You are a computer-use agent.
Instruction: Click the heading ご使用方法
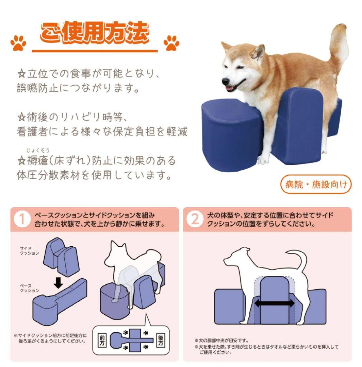[95, 34]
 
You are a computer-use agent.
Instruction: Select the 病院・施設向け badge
[316, 185]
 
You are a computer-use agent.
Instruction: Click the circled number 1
[22, 220]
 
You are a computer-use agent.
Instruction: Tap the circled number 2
[195, 220]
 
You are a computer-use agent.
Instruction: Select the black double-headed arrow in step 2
[274, 303]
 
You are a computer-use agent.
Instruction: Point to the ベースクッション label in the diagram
[29, 288]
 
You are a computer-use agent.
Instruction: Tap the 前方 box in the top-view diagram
[102, 340]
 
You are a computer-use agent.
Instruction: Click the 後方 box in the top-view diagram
[161, 340]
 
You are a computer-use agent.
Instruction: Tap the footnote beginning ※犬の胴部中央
[221, 340]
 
